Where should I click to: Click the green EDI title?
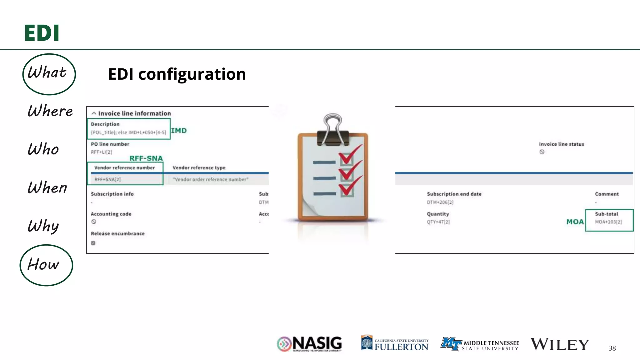pyautogui.click(x=42, y=33)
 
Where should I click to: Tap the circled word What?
pyautogui.click(x=47, y=73)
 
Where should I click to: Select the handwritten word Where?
pyautogui.click(x=50, y=111)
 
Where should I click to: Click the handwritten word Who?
pyautogui.click(x=43, y=149)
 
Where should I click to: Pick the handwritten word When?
pyautogui.click(x=47, y=187)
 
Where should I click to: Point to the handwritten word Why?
pyautogui.click(x=43, y=226)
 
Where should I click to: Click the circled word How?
pyautogui.click(x=44, y=265)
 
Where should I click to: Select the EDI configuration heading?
pyautogui.click(x=177, y=74)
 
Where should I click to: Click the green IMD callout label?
pyautogui.click(x=179, y=131)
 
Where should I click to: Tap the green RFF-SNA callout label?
pyautogui.click(x=146, y=158)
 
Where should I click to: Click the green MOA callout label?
pyautogui.click(x=575, y=222)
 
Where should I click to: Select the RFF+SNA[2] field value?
pyautogui.click(x=107, y=179)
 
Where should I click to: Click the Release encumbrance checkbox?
pyautogui.click(x=93, y=243)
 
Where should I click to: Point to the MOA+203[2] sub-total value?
pyautogui.click(x=608, y=222)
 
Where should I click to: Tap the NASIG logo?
pyautogui.click(x=309, y=344)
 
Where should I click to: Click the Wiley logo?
pyautogui.click(x=559, y=344)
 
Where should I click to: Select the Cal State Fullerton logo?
pyautogui.click(x=395, y=344)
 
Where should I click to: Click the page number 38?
pyautogui.click(x=612, y=348)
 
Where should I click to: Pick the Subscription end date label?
pyautogui.click(x=454, y=194)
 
